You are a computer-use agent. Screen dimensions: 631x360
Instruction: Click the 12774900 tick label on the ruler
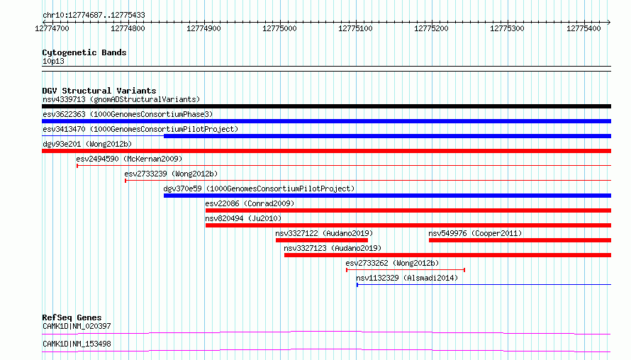pyautogui.click(x=203, y=28)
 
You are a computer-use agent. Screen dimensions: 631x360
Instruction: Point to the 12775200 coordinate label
pyautogui.click(x=431, y=28)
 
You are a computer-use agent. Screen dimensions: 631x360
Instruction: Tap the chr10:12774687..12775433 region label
pyautogui.click(x=94, y=16)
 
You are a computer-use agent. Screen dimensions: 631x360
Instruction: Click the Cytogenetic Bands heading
pyautogui.click(x=84, y=52)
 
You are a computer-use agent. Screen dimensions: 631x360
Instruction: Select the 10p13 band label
pyautogui.click(x=53, y=61)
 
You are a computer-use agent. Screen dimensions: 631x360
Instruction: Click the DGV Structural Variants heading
pyautogui.click(x=99, y=91)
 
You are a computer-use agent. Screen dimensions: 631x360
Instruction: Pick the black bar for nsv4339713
pyautogui.click(x=326, y=106)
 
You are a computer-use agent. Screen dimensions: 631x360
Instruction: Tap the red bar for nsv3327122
pyautogui.click(x=322, y=240)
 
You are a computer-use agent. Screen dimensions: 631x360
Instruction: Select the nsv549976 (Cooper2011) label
pyautogui.click(x=475, y=233)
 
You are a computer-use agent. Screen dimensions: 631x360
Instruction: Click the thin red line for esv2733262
pyautogui.click(x=406, y=270)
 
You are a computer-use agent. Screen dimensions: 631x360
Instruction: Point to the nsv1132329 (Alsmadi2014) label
pyautogui.click(x=407, y=278)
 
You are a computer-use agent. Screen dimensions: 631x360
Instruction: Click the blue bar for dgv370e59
pyautogui.click(x=387, y=196)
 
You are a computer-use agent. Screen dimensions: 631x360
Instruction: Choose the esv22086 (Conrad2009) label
pyautogui.click(x=250, y=203)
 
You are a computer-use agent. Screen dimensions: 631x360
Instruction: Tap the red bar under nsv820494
pyautogui.click(x=408, y=225)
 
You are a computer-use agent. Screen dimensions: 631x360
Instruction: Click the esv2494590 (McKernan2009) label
pyautogui.click(x=129, y=159)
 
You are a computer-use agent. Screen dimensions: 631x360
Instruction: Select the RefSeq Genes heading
pyautogui.click(x=72, y=317)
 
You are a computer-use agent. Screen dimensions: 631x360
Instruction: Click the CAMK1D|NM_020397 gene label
pyautogui.click(x=77, y=326)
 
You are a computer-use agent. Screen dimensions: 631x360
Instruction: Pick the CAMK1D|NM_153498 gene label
pyautogui.click(x=77, y=344)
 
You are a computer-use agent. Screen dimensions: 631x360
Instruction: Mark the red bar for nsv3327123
pyautogui.click(x=447, y=255)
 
